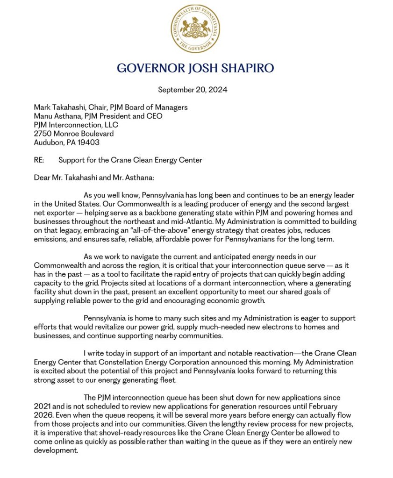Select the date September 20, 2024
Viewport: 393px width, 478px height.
pyautogui.click(x=193, y=90)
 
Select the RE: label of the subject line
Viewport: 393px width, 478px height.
pyautogui.click(x=39, y=160)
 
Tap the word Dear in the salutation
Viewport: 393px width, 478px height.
pyautogui.click(x=43, y=178)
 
